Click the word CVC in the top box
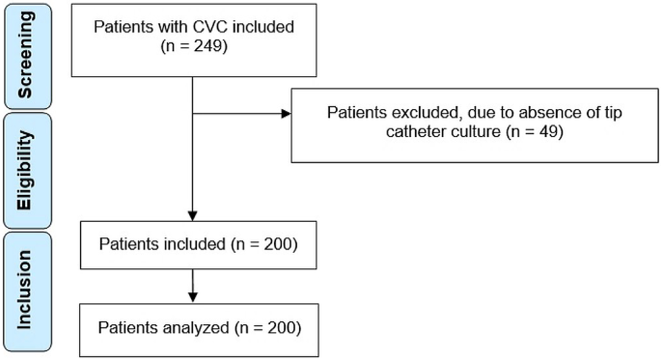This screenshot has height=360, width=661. (198, 25)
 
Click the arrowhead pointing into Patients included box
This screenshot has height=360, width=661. (193, 213)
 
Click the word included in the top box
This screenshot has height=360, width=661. (255, 25)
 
